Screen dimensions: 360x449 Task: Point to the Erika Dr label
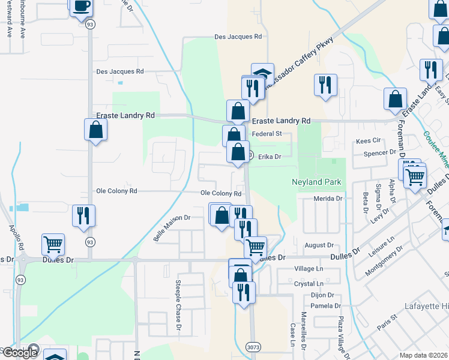[269, 157]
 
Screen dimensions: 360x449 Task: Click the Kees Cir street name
[369, 140]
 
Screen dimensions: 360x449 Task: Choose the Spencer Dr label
[379, 154]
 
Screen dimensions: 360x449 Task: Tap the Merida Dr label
[328, 198]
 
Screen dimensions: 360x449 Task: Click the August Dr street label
[319, 245]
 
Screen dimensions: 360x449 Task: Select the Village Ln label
[309, 269]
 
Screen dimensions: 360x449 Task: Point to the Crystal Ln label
[309, 283]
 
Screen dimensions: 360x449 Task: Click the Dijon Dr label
[321, 295]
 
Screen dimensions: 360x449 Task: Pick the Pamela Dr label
[325, 306]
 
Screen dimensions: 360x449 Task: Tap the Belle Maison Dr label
[172, 229]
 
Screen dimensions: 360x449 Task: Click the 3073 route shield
[253, 346]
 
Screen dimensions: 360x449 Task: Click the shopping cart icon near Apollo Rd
[53, 244]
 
